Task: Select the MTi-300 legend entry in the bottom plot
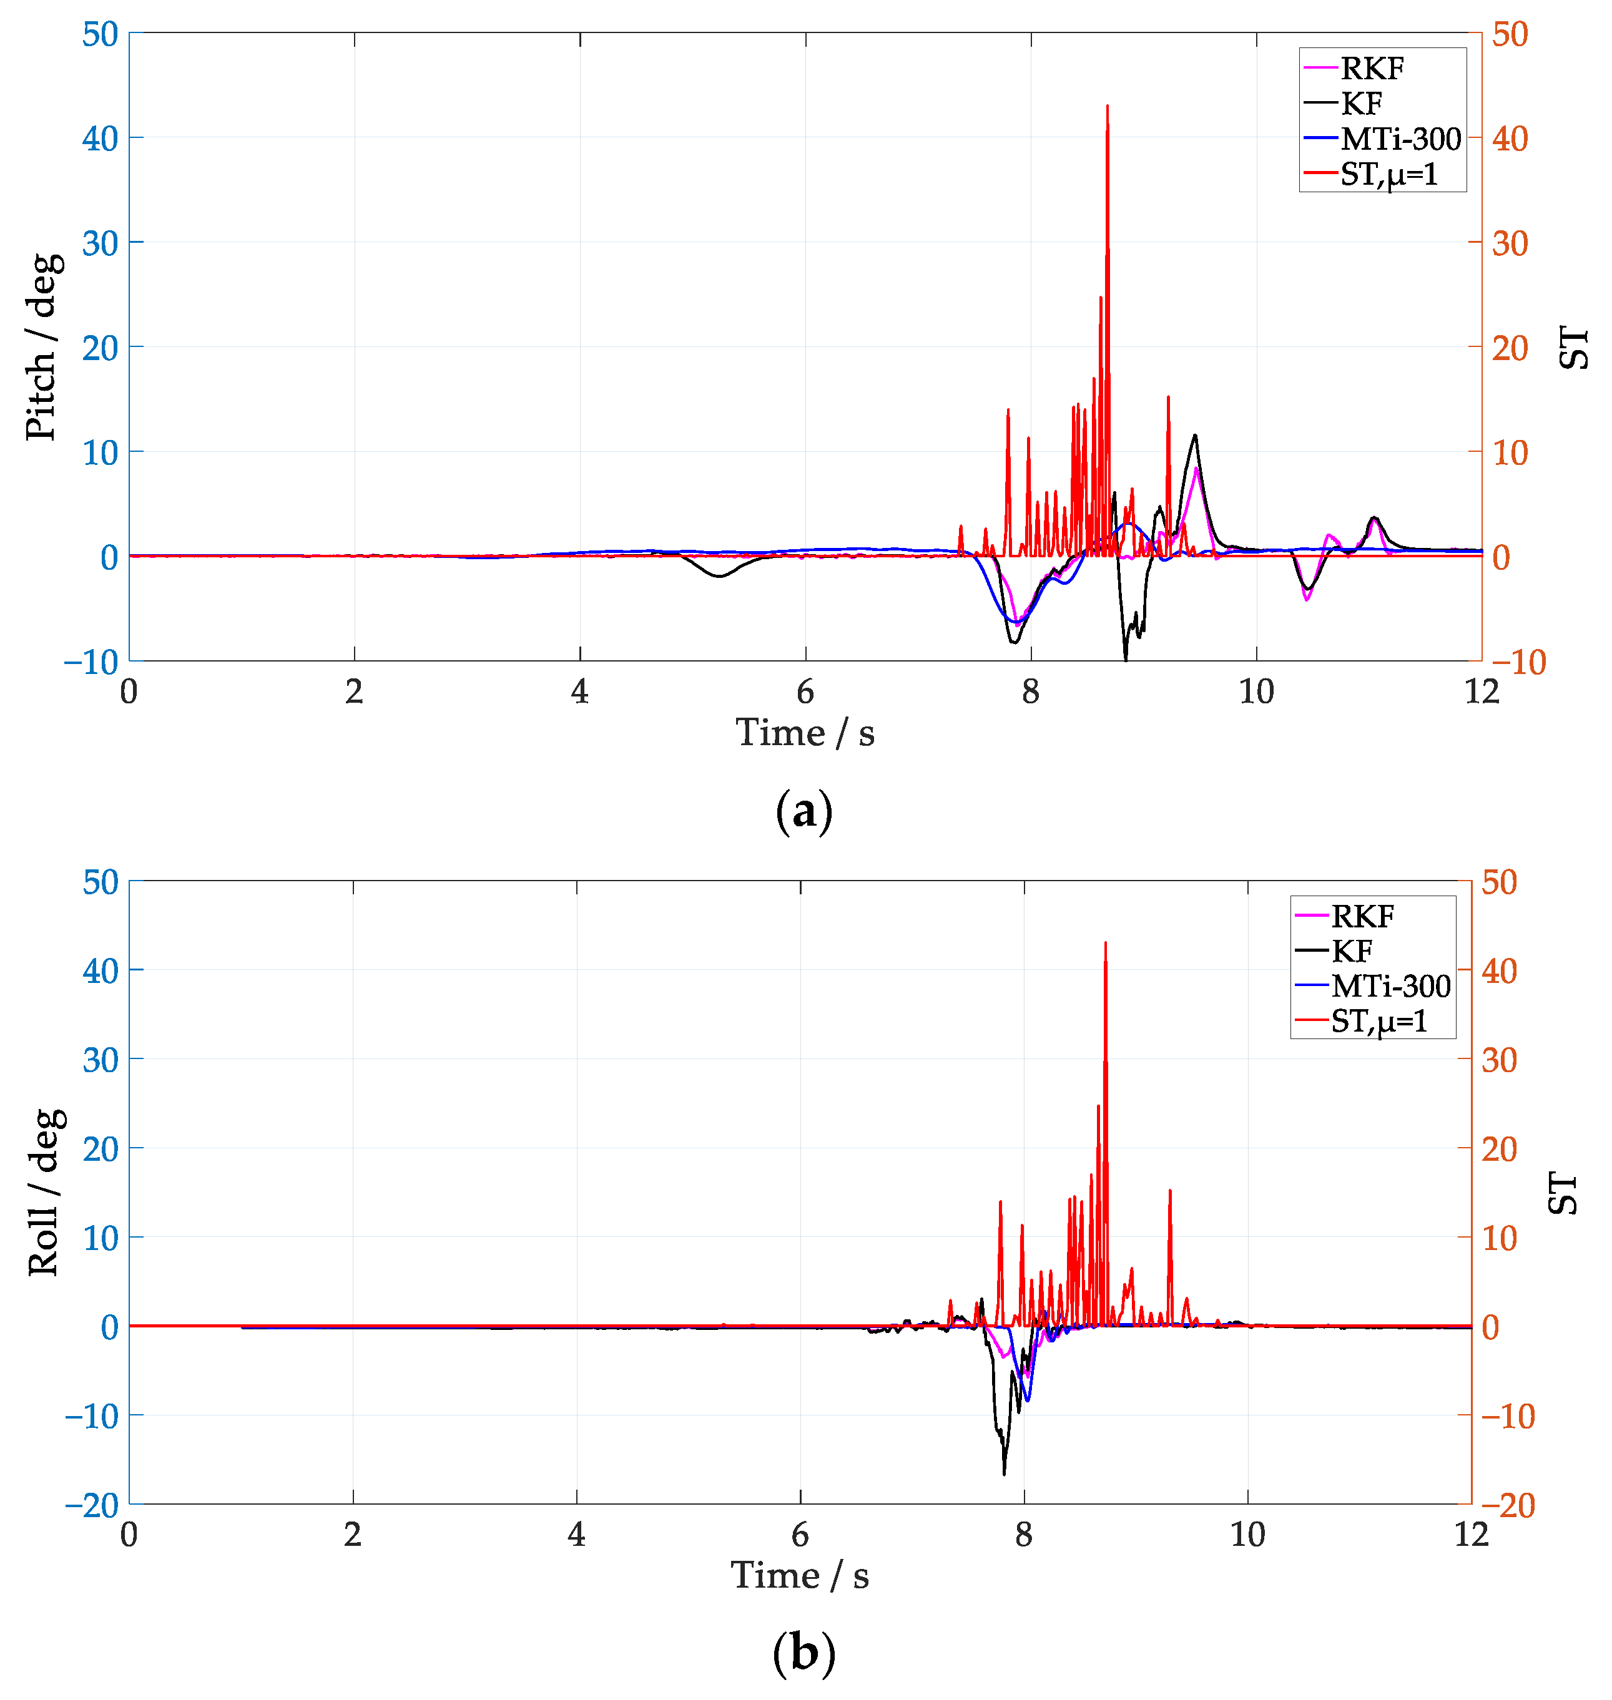(x=1390, y=986)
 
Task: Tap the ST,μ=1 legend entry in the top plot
(x=1388, y=174)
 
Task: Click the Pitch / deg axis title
(x=42, y=347)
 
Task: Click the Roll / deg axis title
(x=45, y=1193)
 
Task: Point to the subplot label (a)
(x=804, y=811)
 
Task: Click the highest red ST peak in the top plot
(x=1107, y=107)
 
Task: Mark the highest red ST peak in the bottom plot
(x=1105, y=944)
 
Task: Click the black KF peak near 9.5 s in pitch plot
(x=1194, y=436)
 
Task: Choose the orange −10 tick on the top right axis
(x=1518, y=662)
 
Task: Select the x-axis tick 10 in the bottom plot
(x=1247, y=1534)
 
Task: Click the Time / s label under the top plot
(x=805, y=733)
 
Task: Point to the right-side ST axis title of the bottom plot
(x=1563, y=1193)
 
